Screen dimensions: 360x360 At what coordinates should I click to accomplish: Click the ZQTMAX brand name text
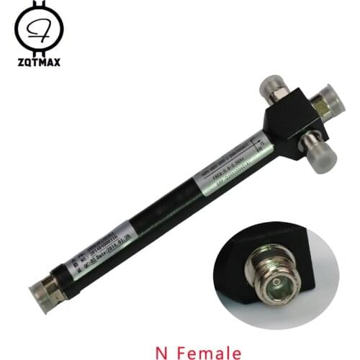(38, 63)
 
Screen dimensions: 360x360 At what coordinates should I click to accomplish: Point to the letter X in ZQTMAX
(58, 63)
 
